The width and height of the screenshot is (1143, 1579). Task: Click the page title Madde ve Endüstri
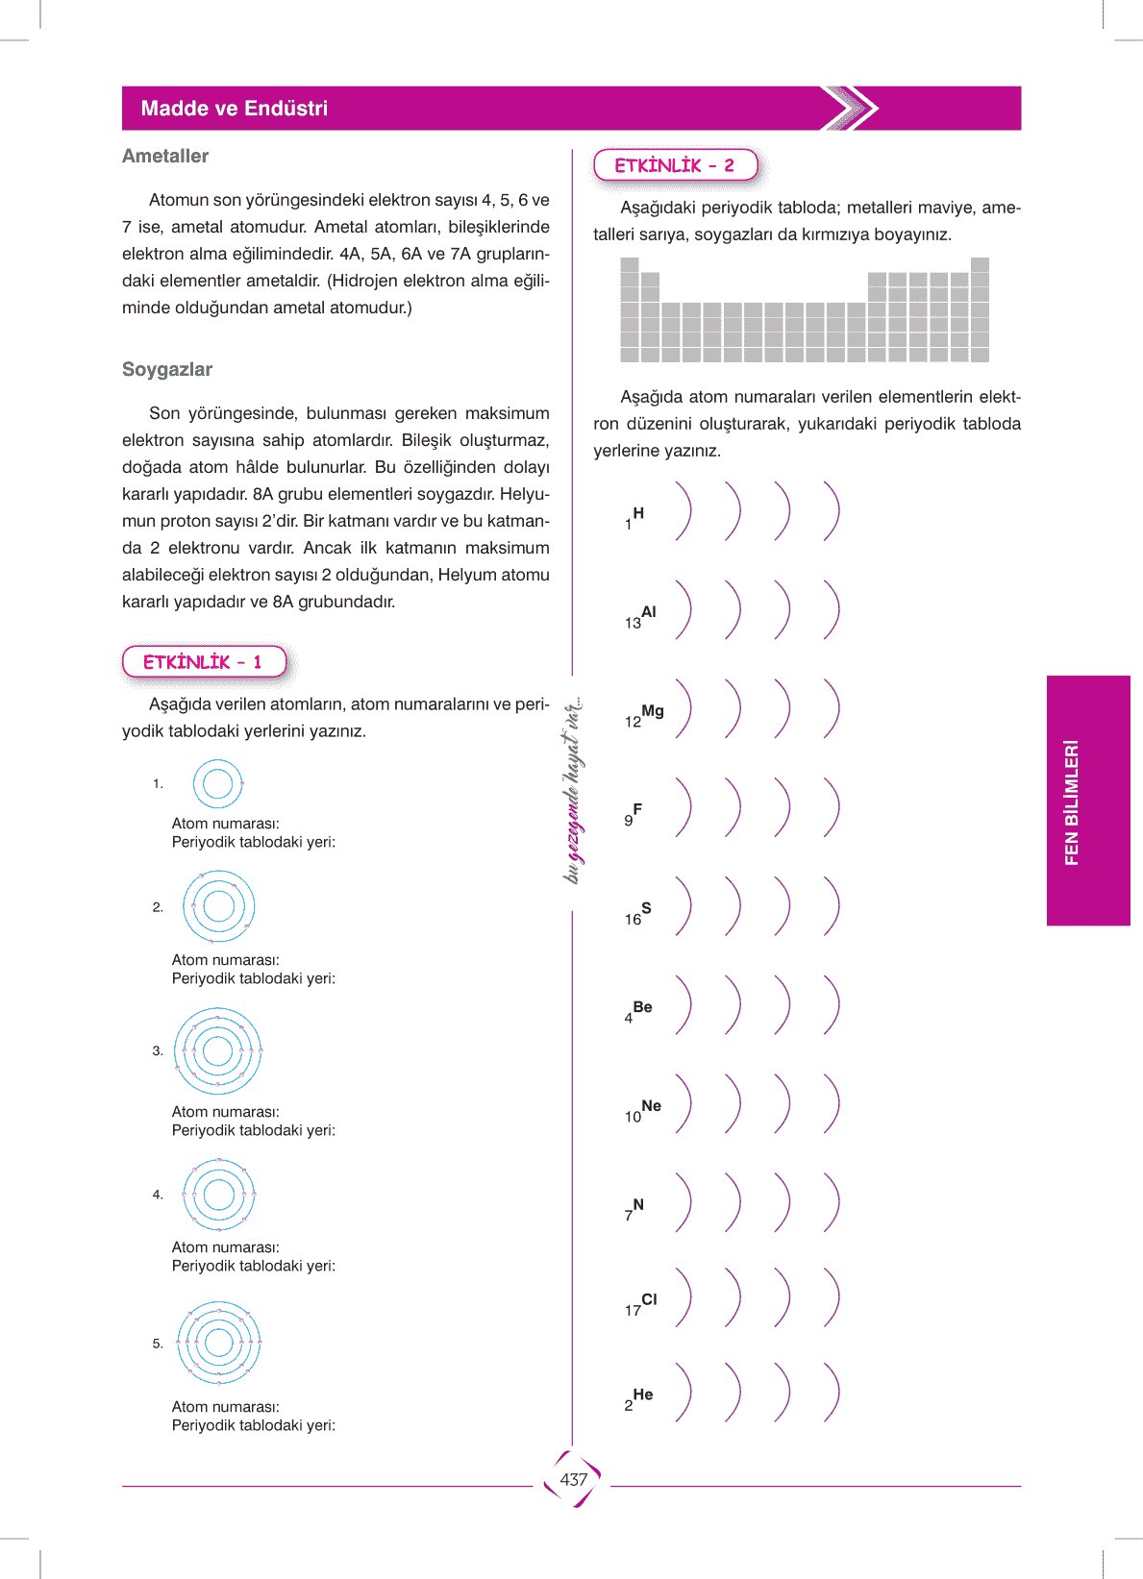pos(234,109)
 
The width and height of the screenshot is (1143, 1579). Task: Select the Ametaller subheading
pos(165,156)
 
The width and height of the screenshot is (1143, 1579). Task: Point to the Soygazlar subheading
pos(167,369)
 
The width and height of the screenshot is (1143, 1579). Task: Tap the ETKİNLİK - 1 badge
pos(204,662)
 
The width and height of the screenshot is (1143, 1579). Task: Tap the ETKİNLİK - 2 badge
pos(675,165)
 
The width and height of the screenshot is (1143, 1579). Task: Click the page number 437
pos(573,1479)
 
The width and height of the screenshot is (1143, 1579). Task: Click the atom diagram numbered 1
pos(218,784)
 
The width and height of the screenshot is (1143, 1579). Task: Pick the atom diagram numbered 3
pos(217,1050)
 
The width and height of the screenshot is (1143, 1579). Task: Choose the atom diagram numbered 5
pos(218,1343)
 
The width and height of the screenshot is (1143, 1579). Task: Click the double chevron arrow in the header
pos(851,109)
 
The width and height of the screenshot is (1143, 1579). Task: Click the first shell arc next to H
pos(683,511)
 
